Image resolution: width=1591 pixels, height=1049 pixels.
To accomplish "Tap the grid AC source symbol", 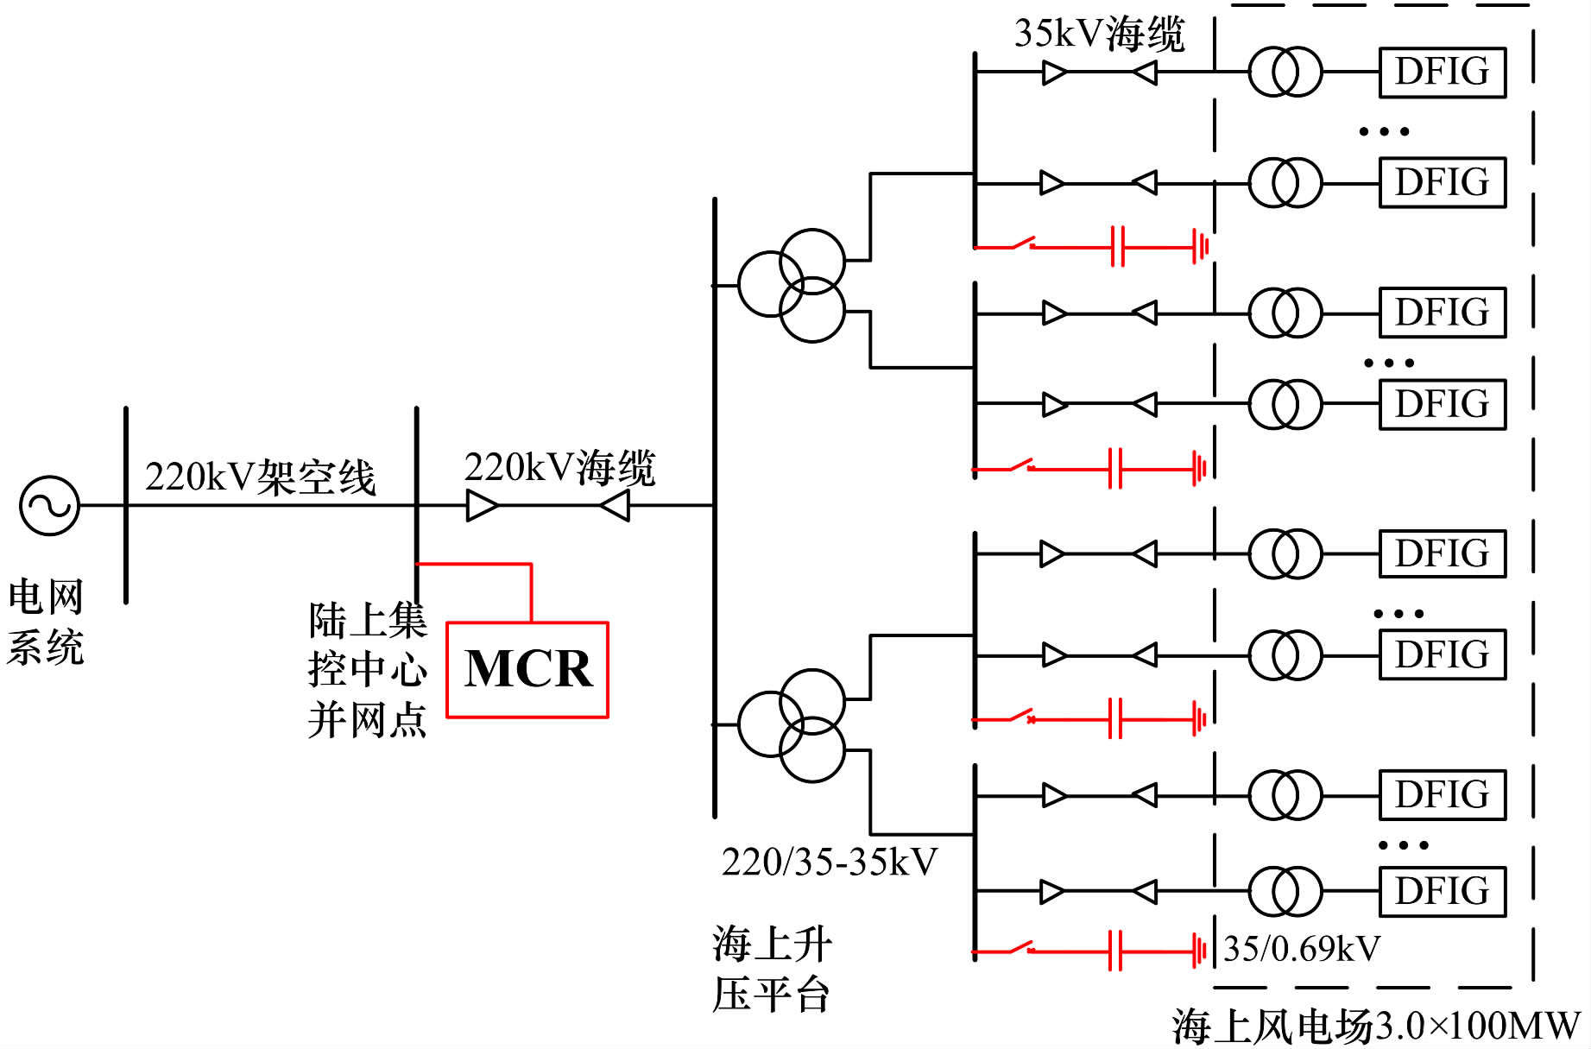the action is (50, 505).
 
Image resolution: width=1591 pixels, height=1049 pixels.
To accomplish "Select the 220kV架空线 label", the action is (260, 477).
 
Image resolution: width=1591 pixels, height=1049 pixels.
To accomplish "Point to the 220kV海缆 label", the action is (559, 468).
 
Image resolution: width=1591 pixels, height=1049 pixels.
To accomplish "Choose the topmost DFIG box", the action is (1443, 73).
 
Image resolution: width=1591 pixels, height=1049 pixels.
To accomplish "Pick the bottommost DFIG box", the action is (1443, 892).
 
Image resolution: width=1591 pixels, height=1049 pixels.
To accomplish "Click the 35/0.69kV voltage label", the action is (1302, 949).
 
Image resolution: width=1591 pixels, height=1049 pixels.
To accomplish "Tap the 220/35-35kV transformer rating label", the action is (830, 863).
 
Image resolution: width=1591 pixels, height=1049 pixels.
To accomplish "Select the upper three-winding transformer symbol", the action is (792, 285).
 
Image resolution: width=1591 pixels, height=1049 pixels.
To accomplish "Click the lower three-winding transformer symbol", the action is (792, 725).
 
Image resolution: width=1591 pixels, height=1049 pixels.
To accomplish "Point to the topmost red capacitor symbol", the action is (1118, 246).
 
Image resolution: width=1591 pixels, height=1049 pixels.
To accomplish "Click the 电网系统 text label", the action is (46, 622).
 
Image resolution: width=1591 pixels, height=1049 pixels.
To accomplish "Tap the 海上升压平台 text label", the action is (772, 969).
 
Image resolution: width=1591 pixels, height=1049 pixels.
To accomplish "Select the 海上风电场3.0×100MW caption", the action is (1376, 1027).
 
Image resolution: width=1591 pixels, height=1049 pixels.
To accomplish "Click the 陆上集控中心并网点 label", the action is (368, 670).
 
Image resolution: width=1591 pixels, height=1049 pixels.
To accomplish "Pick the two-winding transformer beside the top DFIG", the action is (1285, 72).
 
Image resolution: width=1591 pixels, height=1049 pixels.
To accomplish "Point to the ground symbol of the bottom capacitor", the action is (1199, 951).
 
